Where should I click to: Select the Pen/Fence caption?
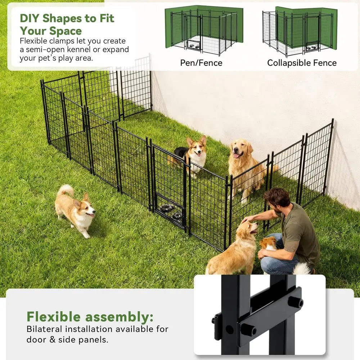point(201,63)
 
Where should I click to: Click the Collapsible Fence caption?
point(302,63)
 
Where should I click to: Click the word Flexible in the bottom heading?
point(54,317)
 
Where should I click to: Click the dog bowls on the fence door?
point(172,212)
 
